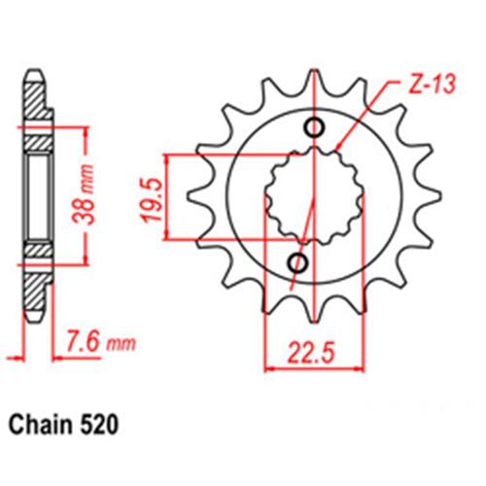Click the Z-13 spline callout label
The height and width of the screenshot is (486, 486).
(432, 84)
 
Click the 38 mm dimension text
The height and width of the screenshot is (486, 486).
(83, 194)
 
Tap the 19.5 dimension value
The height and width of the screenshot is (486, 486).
(152, 199)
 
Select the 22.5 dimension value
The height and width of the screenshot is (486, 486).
(310, 353)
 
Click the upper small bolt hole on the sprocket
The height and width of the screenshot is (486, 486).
(314, 127)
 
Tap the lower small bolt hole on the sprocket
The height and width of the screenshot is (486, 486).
(297, 262)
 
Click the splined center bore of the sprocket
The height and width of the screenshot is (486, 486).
(314, 195)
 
